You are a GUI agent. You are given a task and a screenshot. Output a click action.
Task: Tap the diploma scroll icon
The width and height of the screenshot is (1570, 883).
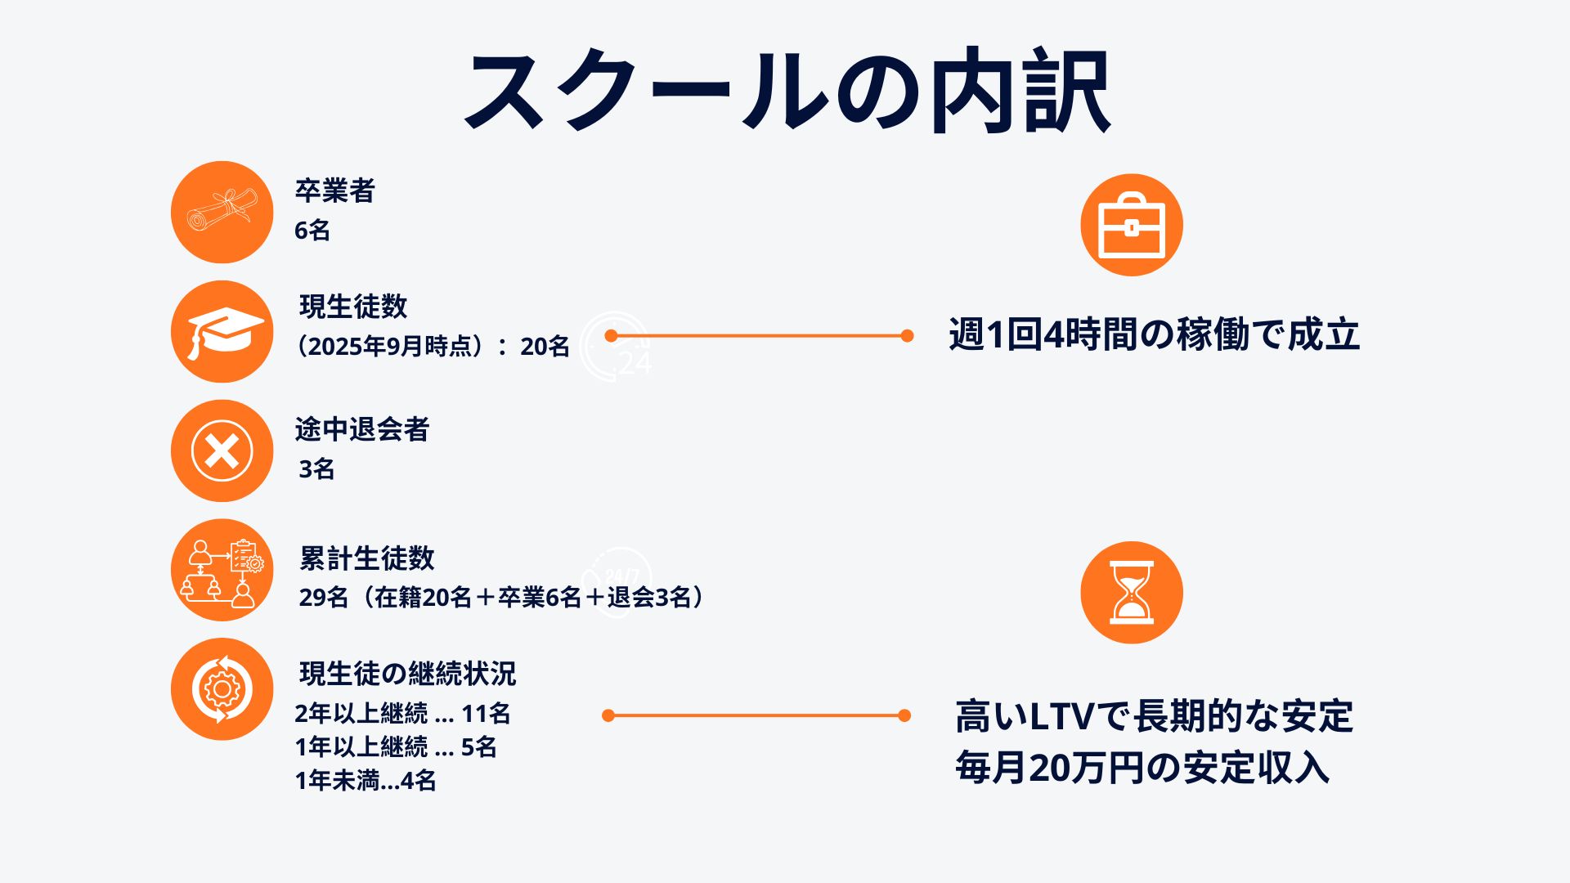tap(222, 212)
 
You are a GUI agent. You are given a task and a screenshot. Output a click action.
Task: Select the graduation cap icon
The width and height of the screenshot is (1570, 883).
tap(222, 331)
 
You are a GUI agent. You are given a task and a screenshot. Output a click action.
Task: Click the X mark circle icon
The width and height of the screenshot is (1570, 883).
tap(222, 450)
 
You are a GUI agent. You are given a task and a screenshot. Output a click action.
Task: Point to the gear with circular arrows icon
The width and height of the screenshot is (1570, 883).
tap(222, 689)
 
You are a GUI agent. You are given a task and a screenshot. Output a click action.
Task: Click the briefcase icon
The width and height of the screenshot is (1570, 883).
tap(1131, 225)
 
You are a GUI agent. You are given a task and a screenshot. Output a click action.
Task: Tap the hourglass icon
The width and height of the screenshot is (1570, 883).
tap(1131, 593)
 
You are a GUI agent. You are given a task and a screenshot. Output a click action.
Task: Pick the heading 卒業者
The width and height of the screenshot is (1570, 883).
tap(334, 190)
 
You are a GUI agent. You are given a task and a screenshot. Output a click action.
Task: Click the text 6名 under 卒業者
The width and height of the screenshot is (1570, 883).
tap(312, 231)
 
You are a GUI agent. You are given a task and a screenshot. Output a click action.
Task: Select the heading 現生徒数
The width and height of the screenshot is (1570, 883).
tap(353, 307)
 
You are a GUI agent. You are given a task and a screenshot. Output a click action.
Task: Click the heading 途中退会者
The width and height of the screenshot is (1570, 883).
tap(362, 429)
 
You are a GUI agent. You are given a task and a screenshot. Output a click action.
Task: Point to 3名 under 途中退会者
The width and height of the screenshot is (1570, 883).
tap(316, 469)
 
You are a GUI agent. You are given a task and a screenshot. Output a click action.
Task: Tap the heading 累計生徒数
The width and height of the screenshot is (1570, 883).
tap(367, 558)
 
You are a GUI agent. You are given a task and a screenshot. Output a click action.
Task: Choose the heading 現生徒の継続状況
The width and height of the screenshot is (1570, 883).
tap(408, 674)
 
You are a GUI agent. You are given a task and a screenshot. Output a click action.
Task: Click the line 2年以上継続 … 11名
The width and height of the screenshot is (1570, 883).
tap(402, 714)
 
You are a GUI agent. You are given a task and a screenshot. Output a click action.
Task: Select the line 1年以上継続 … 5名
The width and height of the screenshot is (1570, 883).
tap(396, 747)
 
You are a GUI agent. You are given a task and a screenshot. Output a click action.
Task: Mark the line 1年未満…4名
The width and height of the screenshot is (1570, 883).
tap(366, 781)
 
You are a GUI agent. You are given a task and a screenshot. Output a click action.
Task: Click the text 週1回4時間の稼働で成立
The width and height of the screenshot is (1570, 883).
tap(1154, 334)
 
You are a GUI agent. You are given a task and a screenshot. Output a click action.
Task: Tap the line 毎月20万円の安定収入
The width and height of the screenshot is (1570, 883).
tap(1142, 768)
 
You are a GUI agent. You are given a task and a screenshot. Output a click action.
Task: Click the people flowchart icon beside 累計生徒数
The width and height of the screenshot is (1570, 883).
tap(222, 570)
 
